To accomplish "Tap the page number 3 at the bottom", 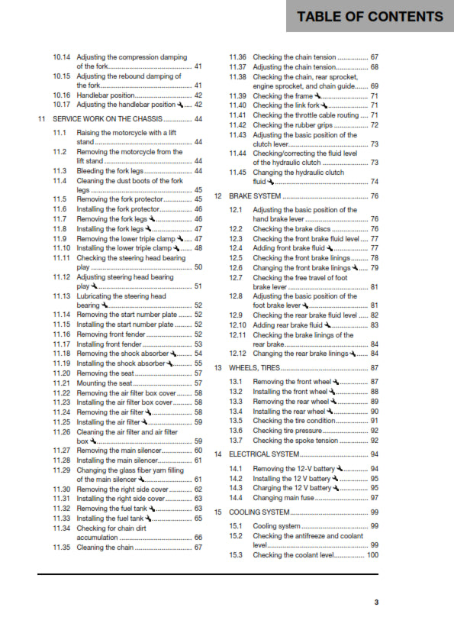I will (x=375, y=602).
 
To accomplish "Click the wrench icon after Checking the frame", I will (x=317, y=96).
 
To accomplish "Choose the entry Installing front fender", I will (x=109, y=344).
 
